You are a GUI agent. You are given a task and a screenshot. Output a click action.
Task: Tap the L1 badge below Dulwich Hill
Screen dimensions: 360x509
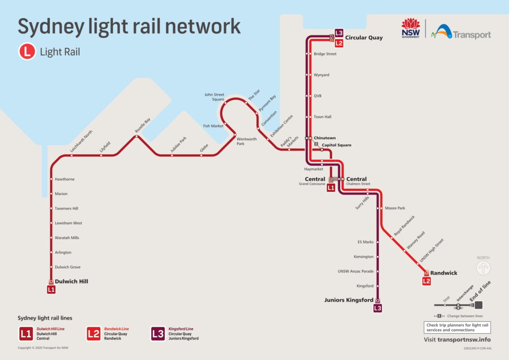tap(51, 289)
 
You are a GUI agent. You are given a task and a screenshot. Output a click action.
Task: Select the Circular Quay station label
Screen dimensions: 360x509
tap(364, 37)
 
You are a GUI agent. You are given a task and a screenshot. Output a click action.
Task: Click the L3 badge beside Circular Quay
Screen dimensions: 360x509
tap(339, 33)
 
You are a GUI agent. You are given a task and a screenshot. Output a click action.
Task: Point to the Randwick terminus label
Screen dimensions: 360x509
tap(443, 273)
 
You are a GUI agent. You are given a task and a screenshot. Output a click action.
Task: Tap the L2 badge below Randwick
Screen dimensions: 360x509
tap(426, 281)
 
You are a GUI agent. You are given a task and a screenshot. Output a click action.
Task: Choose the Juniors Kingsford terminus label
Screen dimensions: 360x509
tap(348, 300)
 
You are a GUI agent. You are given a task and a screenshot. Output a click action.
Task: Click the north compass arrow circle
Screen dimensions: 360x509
tap(483, 269)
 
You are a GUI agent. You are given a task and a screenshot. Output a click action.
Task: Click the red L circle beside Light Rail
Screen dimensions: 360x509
tap(27, 51)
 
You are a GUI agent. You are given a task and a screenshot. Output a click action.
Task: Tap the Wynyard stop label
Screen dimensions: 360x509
tap(322, 75)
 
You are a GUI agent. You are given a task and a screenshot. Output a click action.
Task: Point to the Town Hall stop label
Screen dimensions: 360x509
tap(323, 117)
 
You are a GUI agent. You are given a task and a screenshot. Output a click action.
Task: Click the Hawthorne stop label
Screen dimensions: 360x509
tap(65, 179)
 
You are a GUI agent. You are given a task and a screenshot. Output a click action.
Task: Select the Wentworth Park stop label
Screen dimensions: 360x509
tap(247, 141)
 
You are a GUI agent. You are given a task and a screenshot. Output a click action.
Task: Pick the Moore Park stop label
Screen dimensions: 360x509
tap(395, 208)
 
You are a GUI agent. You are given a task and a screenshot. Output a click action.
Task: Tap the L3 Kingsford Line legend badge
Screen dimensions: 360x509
tap(158, 334)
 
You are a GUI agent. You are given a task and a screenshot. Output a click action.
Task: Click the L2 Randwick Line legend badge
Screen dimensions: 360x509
tap(93, 334)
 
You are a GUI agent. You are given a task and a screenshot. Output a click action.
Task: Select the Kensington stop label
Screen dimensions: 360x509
tap(363, 257)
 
